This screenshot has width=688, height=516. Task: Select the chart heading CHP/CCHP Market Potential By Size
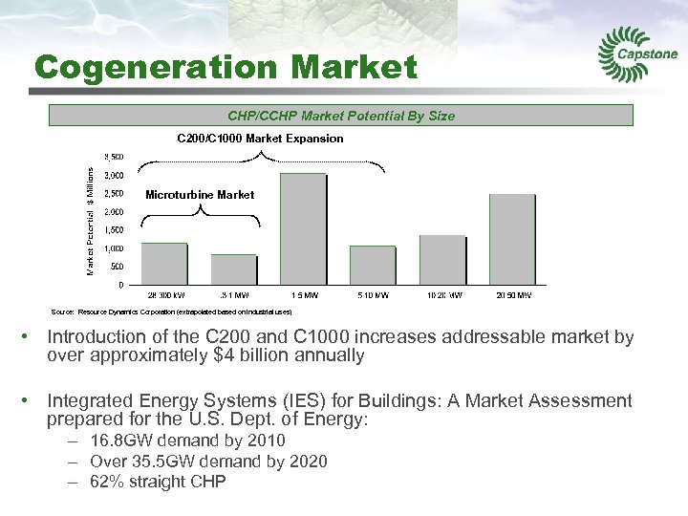coord(341,116)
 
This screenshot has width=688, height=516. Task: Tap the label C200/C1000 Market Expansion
coord(260,139)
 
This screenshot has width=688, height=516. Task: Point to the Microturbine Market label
coord(200,195)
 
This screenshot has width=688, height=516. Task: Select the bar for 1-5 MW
coord(303,228)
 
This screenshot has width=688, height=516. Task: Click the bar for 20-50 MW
coord(512,239)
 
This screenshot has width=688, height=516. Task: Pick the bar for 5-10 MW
coord(373,265)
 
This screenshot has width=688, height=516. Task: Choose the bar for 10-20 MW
coord(442,259)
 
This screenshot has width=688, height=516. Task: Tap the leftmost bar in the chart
coord(164,263)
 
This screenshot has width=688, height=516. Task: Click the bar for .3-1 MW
coord(234,269)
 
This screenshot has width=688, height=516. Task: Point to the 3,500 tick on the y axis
coord(113,157)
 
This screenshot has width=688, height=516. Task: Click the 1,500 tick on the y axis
coord(113,230)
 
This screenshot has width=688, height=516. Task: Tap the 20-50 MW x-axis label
coord(512,295)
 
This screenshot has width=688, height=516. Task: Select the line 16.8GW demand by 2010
coord(187,441)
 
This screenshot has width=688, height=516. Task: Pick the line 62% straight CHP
coord(158,482)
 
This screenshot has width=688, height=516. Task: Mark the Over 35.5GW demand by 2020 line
coord(208,462)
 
